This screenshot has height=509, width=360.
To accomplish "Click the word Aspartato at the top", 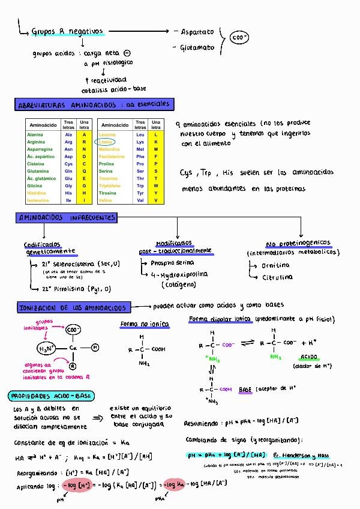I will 196,31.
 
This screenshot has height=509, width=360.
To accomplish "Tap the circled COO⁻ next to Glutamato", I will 239,38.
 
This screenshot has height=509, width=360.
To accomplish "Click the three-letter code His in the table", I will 68,193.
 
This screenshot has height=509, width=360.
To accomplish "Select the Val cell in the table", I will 140,200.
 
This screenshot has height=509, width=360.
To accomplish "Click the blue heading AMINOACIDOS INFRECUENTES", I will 67,217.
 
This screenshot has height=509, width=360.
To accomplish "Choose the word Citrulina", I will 277,277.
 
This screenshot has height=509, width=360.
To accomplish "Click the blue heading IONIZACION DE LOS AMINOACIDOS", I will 73,308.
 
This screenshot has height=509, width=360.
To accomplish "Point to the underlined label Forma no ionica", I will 145,324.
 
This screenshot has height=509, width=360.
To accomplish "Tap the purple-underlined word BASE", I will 245,390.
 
